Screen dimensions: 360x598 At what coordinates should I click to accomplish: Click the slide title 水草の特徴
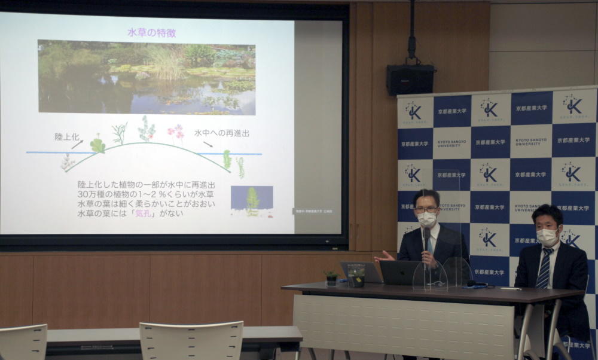(151, 33)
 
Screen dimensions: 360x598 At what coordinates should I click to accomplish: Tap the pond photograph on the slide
(147, 77)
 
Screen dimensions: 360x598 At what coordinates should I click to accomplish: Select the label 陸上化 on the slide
(67, 136)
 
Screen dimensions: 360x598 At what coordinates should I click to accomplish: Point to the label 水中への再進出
(221, 133)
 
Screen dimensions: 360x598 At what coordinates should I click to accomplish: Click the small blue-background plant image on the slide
(252, 201)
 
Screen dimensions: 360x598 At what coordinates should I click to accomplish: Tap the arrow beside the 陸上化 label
(77, 144)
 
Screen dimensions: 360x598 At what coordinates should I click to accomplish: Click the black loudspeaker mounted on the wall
(410, 80)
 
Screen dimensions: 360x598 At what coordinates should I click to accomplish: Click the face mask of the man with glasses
(426, 219)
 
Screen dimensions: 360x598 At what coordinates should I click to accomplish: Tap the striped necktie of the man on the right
(544, 269)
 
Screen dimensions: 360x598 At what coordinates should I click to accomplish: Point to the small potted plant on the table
(331, 276)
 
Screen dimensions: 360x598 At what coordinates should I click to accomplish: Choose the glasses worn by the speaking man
(426, 209)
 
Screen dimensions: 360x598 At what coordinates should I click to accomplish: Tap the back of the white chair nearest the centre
(191, 341)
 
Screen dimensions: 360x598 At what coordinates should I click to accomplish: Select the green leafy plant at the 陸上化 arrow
(97, 145)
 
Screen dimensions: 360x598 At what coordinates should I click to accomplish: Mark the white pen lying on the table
(511, 288)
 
